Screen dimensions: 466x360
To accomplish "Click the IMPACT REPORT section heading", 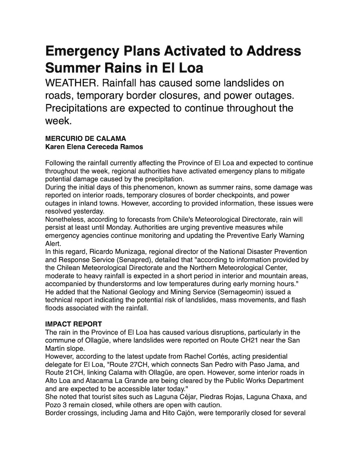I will click(74, 324).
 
